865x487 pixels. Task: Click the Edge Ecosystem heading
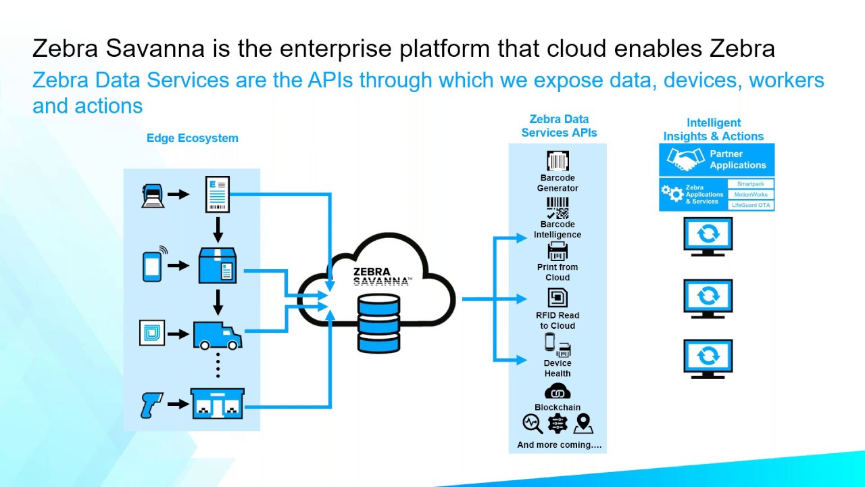(x=193, y=138)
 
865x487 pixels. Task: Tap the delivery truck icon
(x=217, y=334)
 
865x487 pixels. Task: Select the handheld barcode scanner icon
(x=151, y=404)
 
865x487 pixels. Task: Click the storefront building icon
(x=217, y=404)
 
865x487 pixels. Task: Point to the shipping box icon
(x=217, y=265)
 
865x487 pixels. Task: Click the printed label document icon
(x=218, y=193)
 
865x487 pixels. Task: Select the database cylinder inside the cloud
(x=379, y=324)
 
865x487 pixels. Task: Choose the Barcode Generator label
(x=558, y=183)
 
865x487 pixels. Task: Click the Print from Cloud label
(x=558, y=272)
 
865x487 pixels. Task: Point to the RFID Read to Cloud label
(x=558, y=320)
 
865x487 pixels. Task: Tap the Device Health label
(x=558, y=368)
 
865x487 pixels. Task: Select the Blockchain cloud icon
(x=558, y=392)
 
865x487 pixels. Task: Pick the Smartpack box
(x=750, y=184)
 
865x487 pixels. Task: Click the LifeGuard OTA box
(x=750, y=205)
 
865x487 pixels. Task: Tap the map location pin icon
(x=583, y=424)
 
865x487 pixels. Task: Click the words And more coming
(x=559, y=445)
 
